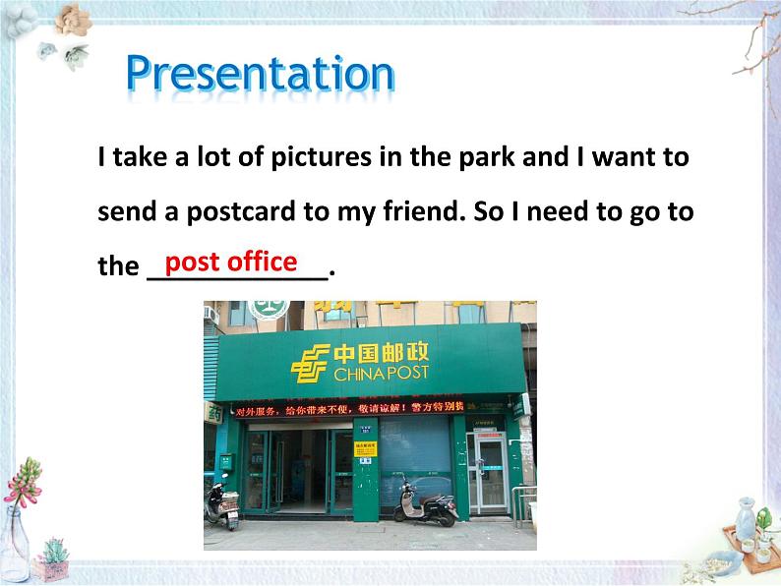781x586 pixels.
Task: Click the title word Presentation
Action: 260,76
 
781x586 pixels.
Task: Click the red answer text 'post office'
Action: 231,262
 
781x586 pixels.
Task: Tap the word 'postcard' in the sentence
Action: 248,211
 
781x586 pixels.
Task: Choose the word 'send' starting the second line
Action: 125,211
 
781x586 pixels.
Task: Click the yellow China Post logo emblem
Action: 309,364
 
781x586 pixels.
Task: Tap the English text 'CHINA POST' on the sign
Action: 380,376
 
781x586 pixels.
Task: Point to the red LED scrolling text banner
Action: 369,409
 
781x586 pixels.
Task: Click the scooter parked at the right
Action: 425,503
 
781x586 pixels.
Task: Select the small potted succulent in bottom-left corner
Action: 51,561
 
